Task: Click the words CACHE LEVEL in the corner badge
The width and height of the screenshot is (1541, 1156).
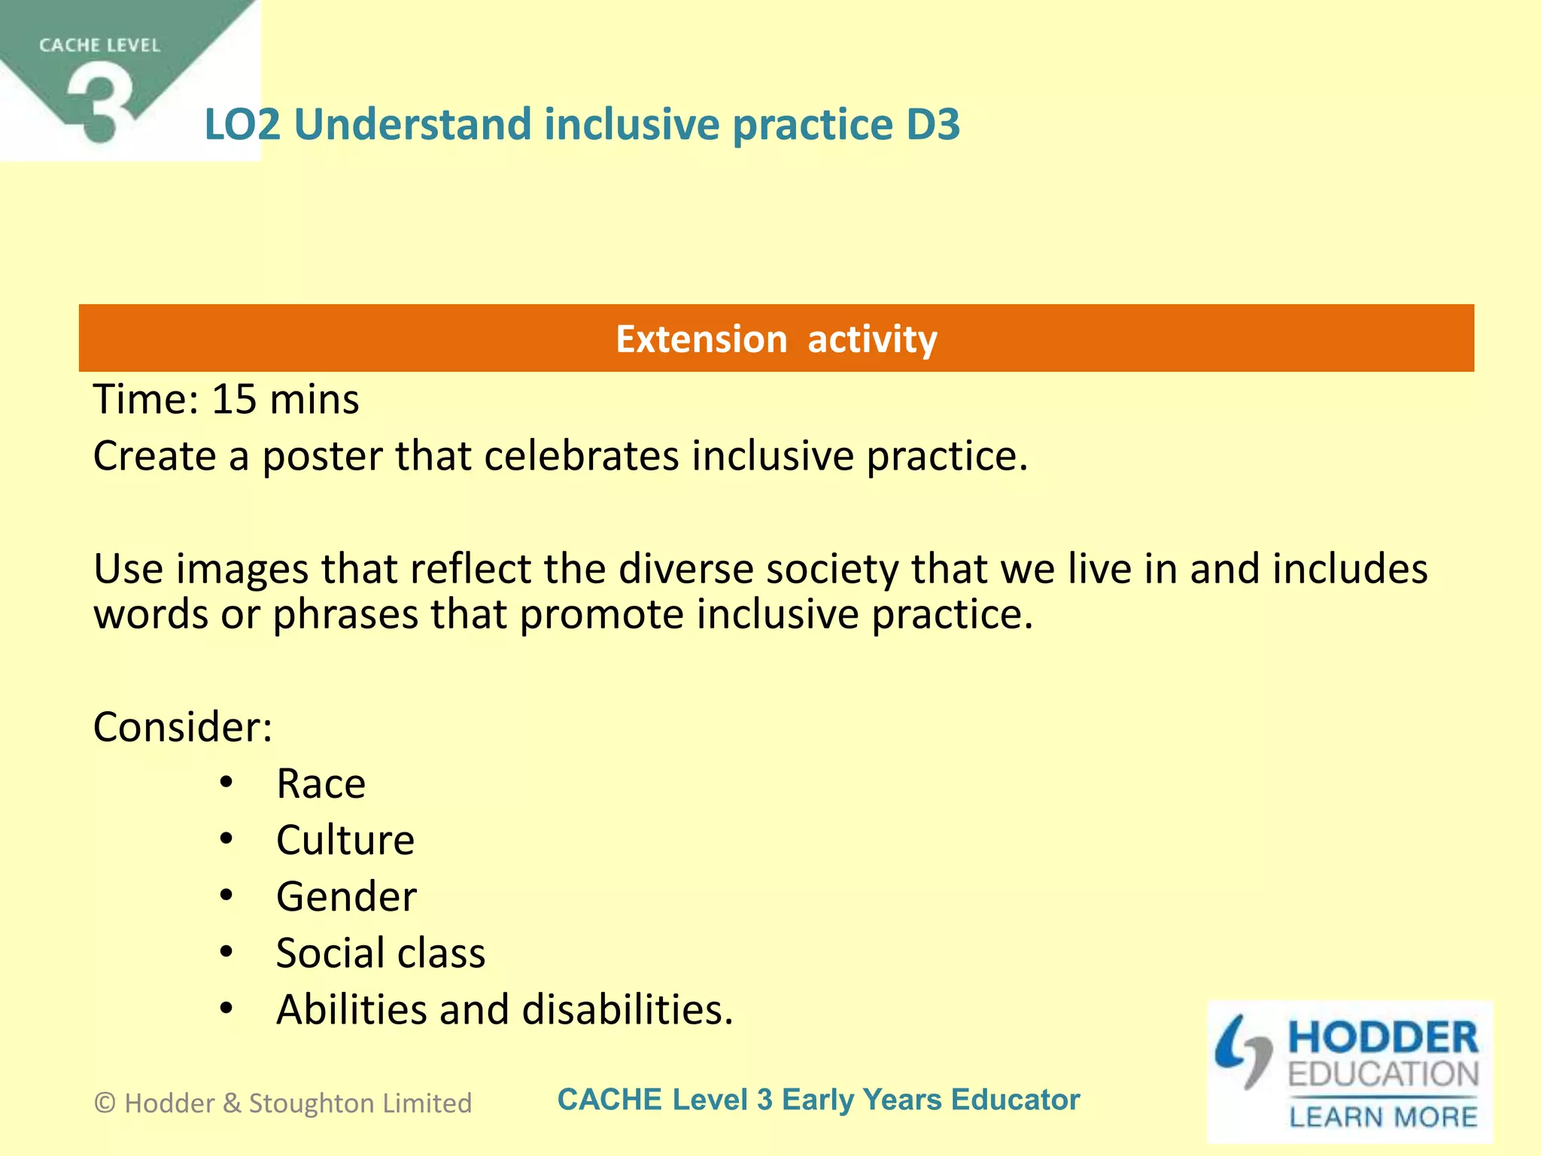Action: click(x=99, y=46)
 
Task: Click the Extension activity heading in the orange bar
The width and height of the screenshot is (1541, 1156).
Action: click(x=776, y=339)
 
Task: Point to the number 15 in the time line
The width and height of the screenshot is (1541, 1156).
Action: click(x=234, y=400)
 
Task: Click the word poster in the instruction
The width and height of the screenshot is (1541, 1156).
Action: click(x=322, y=457)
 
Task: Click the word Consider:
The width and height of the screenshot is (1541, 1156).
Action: click(x=182, y=728)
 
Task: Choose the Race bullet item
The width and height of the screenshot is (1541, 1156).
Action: click(x=321, y=784)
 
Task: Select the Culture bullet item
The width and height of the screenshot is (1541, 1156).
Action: click(x=345, y=841)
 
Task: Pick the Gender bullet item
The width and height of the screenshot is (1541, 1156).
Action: click(x=346, y=897)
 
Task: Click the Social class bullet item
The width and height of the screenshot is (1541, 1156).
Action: click(x=381, y=954)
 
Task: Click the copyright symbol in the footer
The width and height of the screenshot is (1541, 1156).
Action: click(x=105, y=1103)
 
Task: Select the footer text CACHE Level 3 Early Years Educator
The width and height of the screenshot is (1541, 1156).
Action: click(x=819, y=1100)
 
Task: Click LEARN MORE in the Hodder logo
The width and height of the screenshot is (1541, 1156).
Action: click(x=1383, y=1117)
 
